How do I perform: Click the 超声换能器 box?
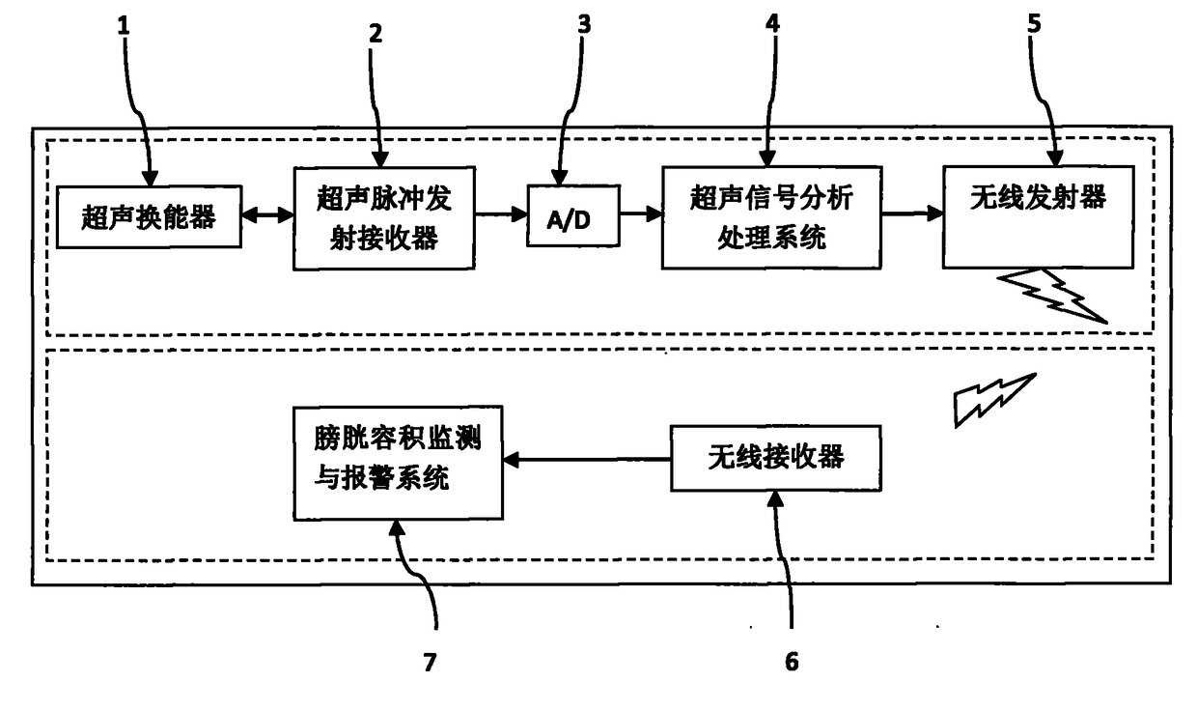pyautogui.click(x=149, y=216)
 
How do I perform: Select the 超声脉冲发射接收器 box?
pyautogui.click(x=384, y=218)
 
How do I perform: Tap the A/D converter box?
pyautogui.click(x=573, y=215)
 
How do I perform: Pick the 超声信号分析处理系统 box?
pyautogui.click(x=771, y=217)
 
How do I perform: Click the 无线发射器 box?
pyautogui.click(x=1038, y=216)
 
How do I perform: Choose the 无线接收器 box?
pyautogui.click(x=776, y=458)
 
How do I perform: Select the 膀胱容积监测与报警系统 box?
pyautogui.click(x=398, y=463)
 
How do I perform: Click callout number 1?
pyautogui.click(x=124, y=26)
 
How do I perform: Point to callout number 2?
pyautogui.click(x=376, y=33)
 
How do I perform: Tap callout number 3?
pyautogui.click(x=584, y=24)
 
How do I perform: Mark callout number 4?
pyautogui.click(x=772, y=23)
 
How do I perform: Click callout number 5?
pyautogui.click(x=1035, y=23)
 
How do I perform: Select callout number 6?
pyautogui.click(x=792, y=662)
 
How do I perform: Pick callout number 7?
pyautogui.click(x=431, y=662)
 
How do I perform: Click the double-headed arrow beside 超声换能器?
pyautogui.click(x=267, y=214)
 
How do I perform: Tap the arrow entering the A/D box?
pyautogui.click(x=502, y=214)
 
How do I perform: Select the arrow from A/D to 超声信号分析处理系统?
pyautogui.click(x=641, y=213)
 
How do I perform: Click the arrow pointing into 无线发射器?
pyautogui.click(x=913, y=213)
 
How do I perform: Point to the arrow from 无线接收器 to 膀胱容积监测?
pyautogui.click(x=587, y=459)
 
